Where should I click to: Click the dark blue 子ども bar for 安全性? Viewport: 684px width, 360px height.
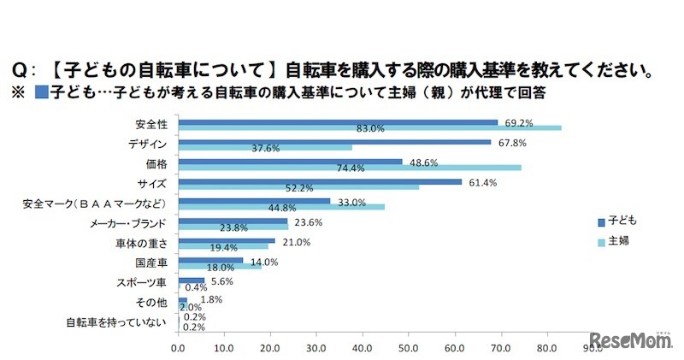(x=338, y=122)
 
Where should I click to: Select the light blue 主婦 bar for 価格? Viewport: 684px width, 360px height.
(x=350, y=168)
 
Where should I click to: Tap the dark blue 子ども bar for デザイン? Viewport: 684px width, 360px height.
(x=334, y=142)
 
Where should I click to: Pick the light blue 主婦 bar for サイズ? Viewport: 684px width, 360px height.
(x=298, y=187)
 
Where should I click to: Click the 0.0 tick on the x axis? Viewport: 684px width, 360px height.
(x=179, y=348)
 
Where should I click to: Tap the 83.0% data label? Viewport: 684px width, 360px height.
(x=371, y=129)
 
